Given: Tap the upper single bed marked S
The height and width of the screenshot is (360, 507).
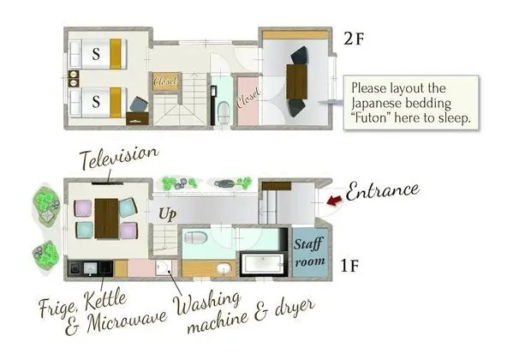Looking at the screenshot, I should pos(98,55).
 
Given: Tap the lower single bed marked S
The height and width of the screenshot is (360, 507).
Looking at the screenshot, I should pos(98,101).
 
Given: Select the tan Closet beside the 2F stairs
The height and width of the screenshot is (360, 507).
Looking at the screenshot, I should pos(164,81).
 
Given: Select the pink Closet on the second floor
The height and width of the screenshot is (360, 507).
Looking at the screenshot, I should pos(247,102).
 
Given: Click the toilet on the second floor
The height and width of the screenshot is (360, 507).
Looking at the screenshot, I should pos(221,109).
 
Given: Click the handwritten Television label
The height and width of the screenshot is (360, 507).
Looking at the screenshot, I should pos(118,158).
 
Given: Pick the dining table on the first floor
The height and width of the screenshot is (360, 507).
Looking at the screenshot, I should pos(106,217).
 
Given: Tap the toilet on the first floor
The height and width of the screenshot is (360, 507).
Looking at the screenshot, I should pos(197,237).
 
